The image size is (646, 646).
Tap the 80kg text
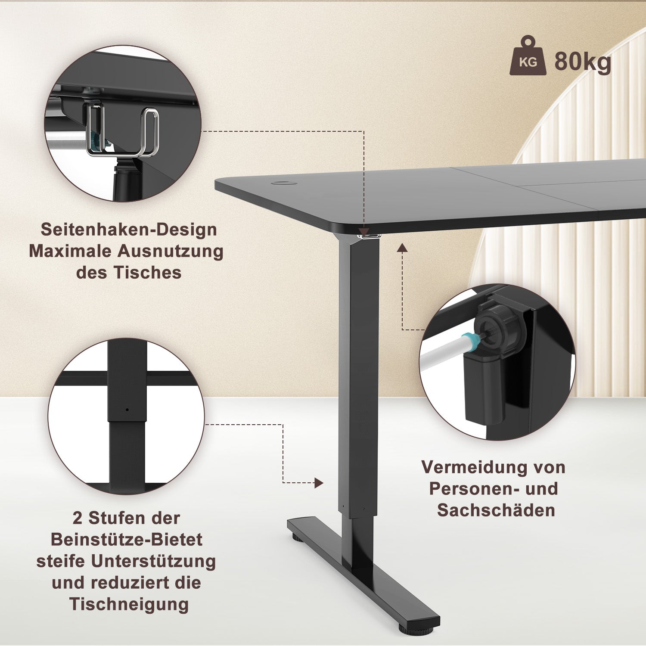tap(582, 62)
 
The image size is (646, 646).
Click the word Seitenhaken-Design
tap(129, 230)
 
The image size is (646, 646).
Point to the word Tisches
tap(147, 273)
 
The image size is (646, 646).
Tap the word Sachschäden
tap(496, 510)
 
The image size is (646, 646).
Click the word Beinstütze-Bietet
tap(127, 540)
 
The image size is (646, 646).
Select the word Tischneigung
tap(129, 604)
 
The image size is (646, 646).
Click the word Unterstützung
tap(153, 561)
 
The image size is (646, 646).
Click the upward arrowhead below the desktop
tap(402, 248)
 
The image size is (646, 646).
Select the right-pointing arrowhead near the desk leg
tap(319, 483)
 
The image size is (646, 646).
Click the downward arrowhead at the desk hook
tap(364, 232)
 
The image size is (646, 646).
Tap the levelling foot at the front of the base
tap(416, 630)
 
